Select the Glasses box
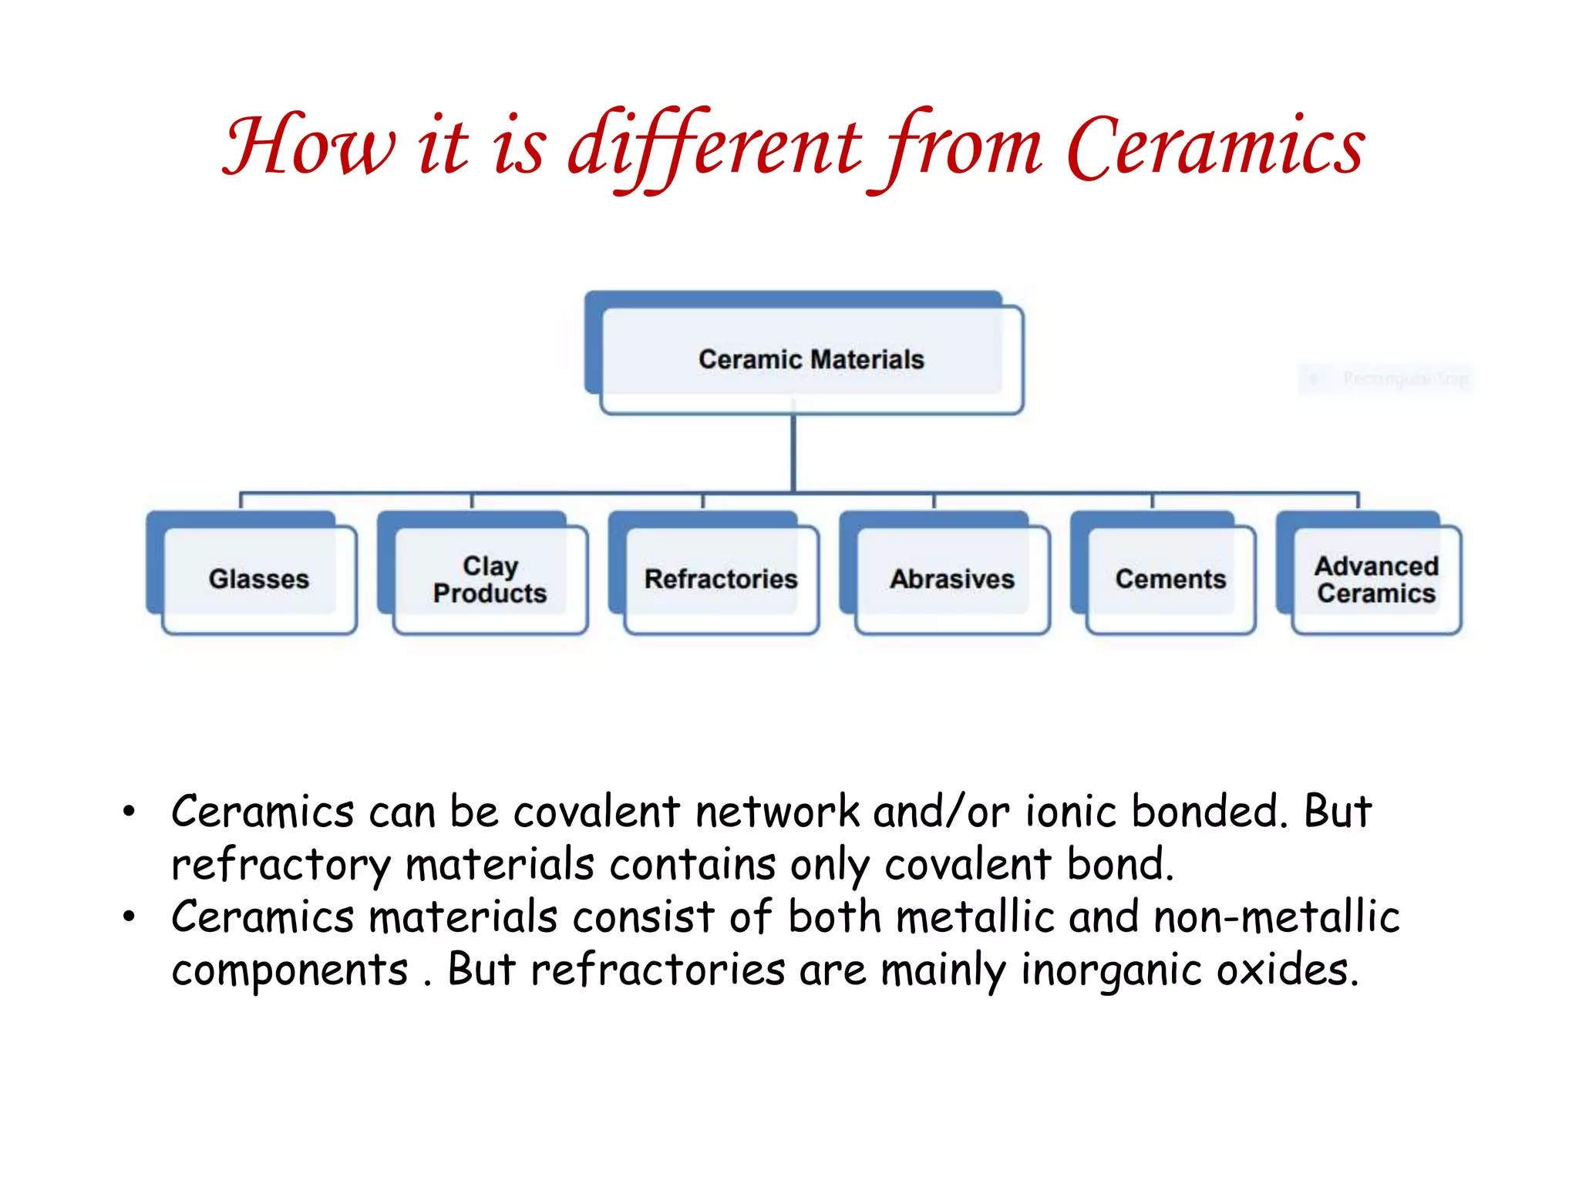[x=259, y=579]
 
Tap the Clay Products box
[x=490, y=579]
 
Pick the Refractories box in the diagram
[x=721, y=579]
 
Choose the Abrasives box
[x=952, y=579]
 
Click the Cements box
[x=1170, y=579]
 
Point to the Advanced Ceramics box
[x=1376, y=579]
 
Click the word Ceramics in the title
[x=1216, y=146]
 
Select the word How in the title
[x=308, y=146]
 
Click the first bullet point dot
[x=129, y=811]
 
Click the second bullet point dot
[x=129, y=917]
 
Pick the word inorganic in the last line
[x=1111, y=970]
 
